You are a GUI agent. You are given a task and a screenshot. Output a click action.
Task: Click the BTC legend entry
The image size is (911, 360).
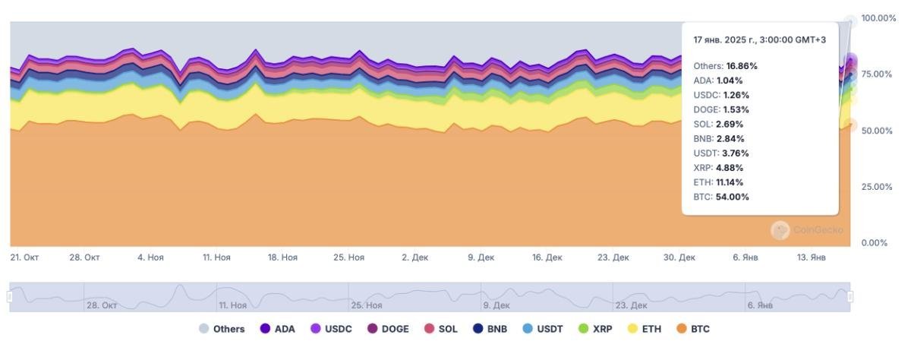(693, 329)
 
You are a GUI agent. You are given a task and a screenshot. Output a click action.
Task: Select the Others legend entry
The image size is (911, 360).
(222, 329)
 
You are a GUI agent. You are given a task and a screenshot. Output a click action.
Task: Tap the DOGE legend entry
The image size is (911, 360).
(388, 329)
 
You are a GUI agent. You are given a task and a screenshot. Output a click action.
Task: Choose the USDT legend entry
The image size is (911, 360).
(543, 329)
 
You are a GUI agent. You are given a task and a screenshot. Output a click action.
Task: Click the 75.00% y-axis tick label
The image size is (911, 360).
(877, 74)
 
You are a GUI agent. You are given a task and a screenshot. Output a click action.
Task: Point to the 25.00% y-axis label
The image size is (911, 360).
(877, 187)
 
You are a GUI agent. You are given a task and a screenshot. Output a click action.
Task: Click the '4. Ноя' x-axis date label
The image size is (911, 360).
(150, 257)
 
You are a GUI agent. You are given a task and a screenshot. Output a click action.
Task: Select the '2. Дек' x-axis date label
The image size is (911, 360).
(415, 257)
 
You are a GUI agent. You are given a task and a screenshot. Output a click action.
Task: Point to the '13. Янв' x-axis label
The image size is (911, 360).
(812, 257)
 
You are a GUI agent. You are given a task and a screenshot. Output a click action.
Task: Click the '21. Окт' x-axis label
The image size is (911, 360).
(24, 257)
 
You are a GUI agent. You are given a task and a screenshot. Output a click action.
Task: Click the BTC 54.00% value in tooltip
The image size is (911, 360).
(732, 197)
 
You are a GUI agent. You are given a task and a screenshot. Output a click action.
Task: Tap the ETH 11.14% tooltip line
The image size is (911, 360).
(718, 182)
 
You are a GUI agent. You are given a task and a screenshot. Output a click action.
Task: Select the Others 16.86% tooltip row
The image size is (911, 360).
(725, 66)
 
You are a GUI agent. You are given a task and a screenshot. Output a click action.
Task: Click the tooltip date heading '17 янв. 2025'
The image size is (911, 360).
(759, 39)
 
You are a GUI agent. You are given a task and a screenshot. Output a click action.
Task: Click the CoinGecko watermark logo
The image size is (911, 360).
(780, 230)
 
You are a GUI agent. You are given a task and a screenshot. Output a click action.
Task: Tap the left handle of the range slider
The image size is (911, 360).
(10, 296)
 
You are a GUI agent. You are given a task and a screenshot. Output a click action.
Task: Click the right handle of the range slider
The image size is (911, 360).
(850, 296)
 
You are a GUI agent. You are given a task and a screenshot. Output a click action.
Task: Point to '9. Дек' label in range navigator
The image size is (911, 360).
(496, 305)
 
